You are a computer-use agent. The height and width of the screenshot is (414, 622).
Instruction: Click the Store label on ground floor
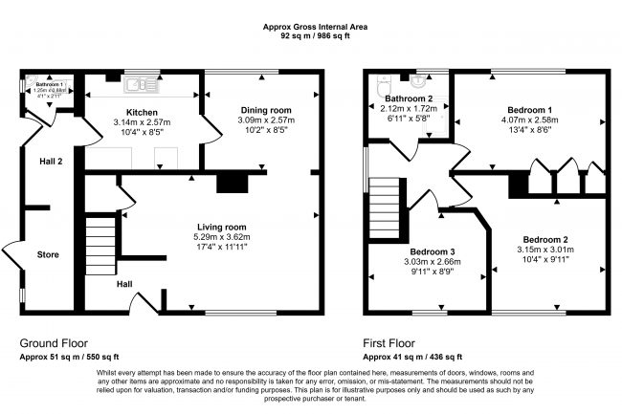coord(48,255)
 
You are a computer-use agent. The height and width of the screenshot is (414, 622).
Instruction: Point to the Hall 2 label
coord(51,162)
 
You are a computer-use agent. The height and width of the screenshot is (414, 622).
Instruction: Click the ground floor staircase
coord(100,243)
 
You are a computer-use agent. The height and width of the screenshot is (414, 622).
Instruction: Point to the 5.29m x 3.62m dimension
coord(221,237)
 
